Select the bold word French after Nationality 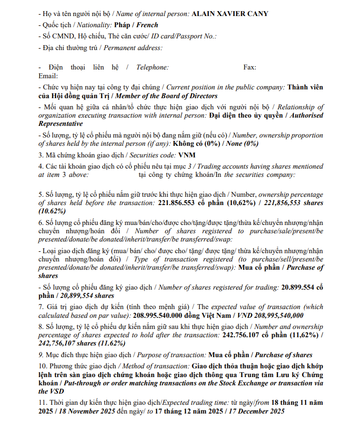click(x=148, y=25)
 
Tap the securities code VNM click(x=186, y=156)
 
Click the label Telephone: click(x=152, y=68)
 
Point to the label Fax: click(x=250, y=68)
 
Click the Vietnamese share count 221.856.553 click(x=180, y=203)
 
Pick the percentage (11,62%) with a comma click(x=303, y=335)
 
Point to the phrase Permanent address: click(x=133, y=48)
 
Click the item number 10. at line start click(x=42, y=366)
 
